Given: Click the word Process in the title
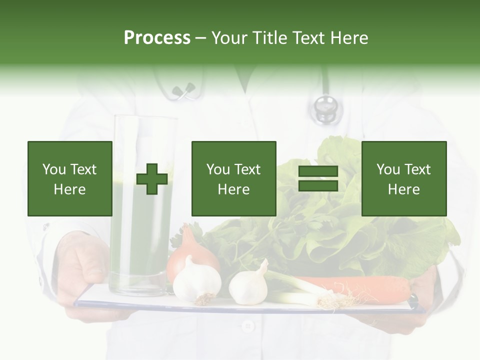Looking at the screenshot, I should (157, 38).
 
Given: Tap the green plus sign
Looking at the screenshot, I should (152, 179).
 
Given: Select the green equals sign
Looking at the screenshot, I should (318, 178).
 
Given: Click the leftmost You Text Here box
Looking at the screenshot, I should (69, 178).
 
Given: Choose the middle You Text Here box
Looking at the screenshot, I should (233, 178).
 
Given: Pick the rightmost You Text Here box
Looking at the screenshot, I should (403, 178).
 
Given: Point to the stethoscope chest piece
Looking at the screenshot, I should (325, 107).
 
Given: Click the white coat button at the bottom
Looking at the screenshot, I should (247, 326).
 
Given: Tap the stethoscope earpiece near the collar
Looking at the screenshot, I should (183, 90).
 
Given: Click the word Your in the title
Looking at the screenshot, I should (228, 38).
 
